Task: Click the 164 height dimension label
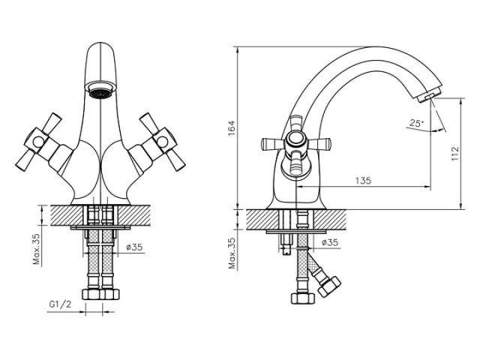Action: click(232, 128)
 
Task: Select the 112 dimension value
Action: click(455, 154)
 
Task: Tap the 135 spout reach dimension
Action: click(363, 181)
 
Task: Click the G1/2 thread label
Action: click(60, 304)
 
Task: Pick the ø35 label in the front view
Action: click(134, 247)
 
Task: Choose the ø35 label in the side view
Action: click(330, 242)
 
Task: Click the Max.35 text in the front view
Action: click(37, 249)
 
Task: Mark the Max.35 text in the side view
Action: click(233, 253)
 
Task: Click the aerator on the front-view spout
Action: click(100, 89)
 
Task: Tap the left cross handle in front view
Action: click(40, 142)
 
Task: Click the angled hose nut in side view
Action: click(329, 286)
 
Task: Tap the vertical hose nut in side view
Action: click(303, 298)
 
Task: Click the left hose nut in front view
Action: click(91, 294)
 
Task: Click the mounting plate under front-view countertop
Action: click(100, 228)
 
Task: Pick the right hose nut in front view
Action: click(109, 294)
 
